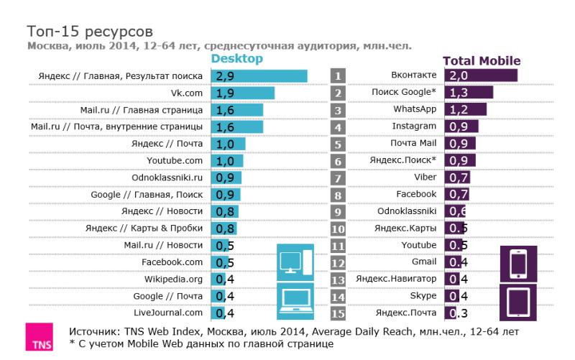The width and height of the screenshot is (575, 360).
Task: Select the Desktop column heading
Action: point(237,59)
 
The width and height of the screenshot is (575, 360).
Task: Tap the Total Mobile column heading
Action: point(482,61)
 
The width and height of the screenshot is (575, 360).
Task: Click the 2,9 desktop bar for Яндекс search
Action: point(259,75)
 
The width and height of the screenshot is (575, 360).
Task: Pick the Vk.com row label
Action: point(186,93)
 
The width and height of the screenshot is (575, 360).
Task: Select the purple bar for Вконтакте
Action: point(481,75)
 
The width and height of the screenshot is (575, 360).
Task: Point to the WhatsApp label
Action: point(415,109)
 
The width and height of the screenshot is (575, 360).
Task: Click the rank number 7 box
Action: point(338,177)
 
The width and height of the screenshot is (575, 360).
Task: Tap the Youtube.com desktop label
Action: point(175,160)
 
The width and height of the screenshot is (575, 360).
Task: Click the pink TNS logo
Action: point(39,338)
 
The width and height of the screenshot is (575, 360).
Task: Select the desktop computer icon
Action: point(295,262)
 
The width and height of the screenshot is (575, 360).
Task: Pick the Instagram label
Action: point(414,126)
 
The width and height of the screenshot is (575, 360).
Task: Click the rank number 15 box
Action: point(338,313)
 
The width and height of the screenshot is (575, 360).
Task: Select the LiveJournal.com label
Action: point(168,313)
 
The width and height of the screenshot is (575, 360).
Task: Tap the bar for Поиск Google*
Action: point(469,92)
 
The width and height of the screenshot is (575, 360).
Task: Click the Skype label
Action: point(423,295)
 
